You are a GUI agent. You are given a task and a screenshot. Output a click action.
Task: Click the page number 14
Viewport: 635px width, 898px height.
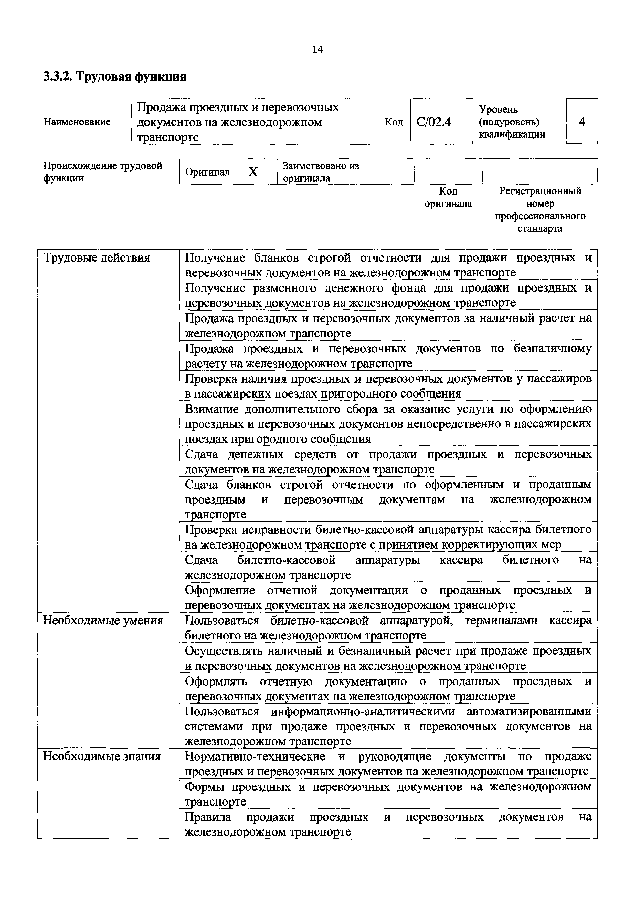[317, 50]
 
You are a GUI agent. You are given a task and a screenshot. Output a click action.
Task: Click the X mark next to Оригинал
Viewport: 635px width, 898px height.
[253, 172]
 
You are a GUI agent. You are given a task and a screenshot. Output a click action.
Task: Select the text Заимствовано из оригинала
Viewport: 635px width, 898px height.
[321, 172]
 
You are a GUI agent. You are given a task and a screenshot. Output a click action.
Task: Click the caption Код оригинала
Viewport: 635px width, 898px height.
[448, 197]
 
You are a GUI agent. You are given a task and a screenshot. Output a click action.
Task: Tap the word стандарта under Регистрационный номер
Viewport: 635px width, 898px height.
[540, 228]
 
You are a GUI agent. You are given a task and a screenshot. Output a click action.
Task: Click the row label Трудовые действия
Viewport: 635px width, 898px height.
[97, 258]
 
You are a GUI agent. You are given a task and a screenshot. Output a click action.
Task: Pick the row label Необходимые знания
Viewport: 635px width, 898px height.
[102, 756]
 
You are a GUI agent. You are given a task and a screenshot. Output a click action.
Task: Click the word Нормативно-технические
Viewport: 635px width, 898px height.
[255, 756]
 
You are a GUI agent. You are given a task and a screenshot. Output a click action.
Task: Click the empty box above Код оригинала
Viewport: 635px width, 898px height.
[448, 171]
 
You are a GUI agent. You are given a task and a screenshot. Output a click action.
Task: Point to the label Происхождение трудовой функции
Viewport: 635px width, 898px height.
[102, 172]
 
